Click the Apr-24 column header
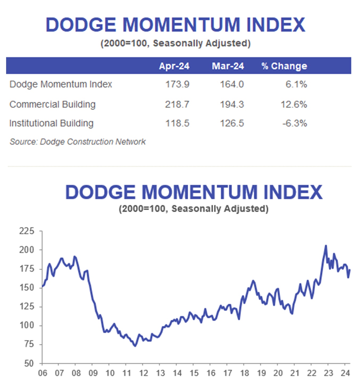(x=174, y=66)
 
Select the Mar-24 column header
(x=228, y=66)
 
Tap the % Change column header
(x=284, y=66)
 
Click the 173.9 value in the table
(x=177, y=84)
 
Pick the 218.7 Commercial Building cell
(x=177, y=104)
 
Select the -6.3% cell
(x=295, y=123)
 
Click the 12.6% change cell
(x=294, y=104)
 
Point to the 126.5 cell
(x=232, y=123)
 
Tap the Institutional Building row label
(x=51, y=123)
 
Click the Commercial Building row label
(x=52, y=104)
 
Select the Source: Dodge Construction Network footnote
(x=78, y=142)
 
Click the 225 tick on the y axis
(x=27, y=231)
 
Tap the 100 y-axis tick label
(x=27, y=325)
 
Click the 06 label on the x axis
(x=43, y=373)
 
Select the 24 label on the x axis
(x=345, y=373)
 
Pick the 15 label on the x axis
(x=194, y=373)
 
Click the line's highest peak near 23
(x=326, y=246)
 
